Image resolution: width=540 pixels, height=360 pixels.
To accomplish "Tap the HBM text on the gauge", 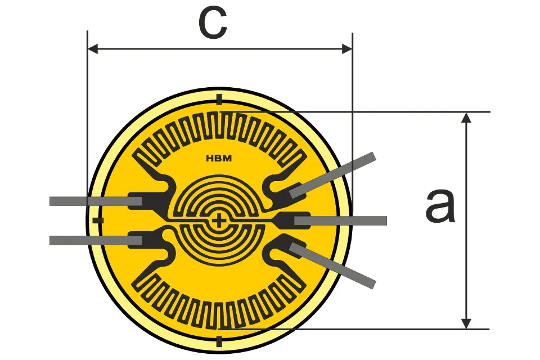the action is pyautogui.click(x=219, y=159).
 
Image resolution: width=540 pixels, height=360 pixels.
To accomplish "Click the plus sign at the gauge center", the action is pyautogui.click(x=218, y=221).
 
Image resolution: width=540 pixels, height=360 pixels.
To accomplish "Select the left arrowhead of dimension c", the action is pyautogui.click(x=93, y=49).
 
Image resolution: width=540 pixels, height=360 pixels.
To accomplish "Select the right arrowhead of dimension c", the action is pyautogui.click(x=347, y=49).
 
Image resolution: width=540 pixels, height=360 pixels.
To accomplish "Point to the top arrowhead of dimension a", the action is pyautogui.click(x=466, y=118).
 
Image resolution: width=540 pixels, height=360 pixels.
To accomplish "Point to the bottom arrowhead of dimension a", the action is pyautogui.click(x=466, y=323).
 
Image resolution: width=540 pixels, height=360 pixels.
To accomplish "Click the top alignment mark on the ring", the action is pyautogui.click(x=219, y=99).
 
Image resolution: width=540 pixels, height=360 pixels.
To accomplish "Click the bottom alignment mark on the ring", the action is pyautogui.click(x=219, y=342).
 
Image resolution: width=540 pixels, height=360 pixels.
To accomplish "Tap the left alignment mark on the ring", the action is pyautogui.click(x=98, y=220).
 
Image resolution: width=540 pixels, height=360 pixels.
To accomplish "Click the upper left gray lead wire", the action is pyautogui.click(x=96, y=201).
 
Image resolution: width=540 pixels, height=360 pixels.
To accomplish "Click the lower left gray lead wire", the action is pyautogui.click(x=96, y=240).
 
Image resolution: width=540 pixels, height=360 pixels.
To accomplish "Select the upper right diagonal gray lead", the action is pyautogui.click(x=332, y=175).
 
